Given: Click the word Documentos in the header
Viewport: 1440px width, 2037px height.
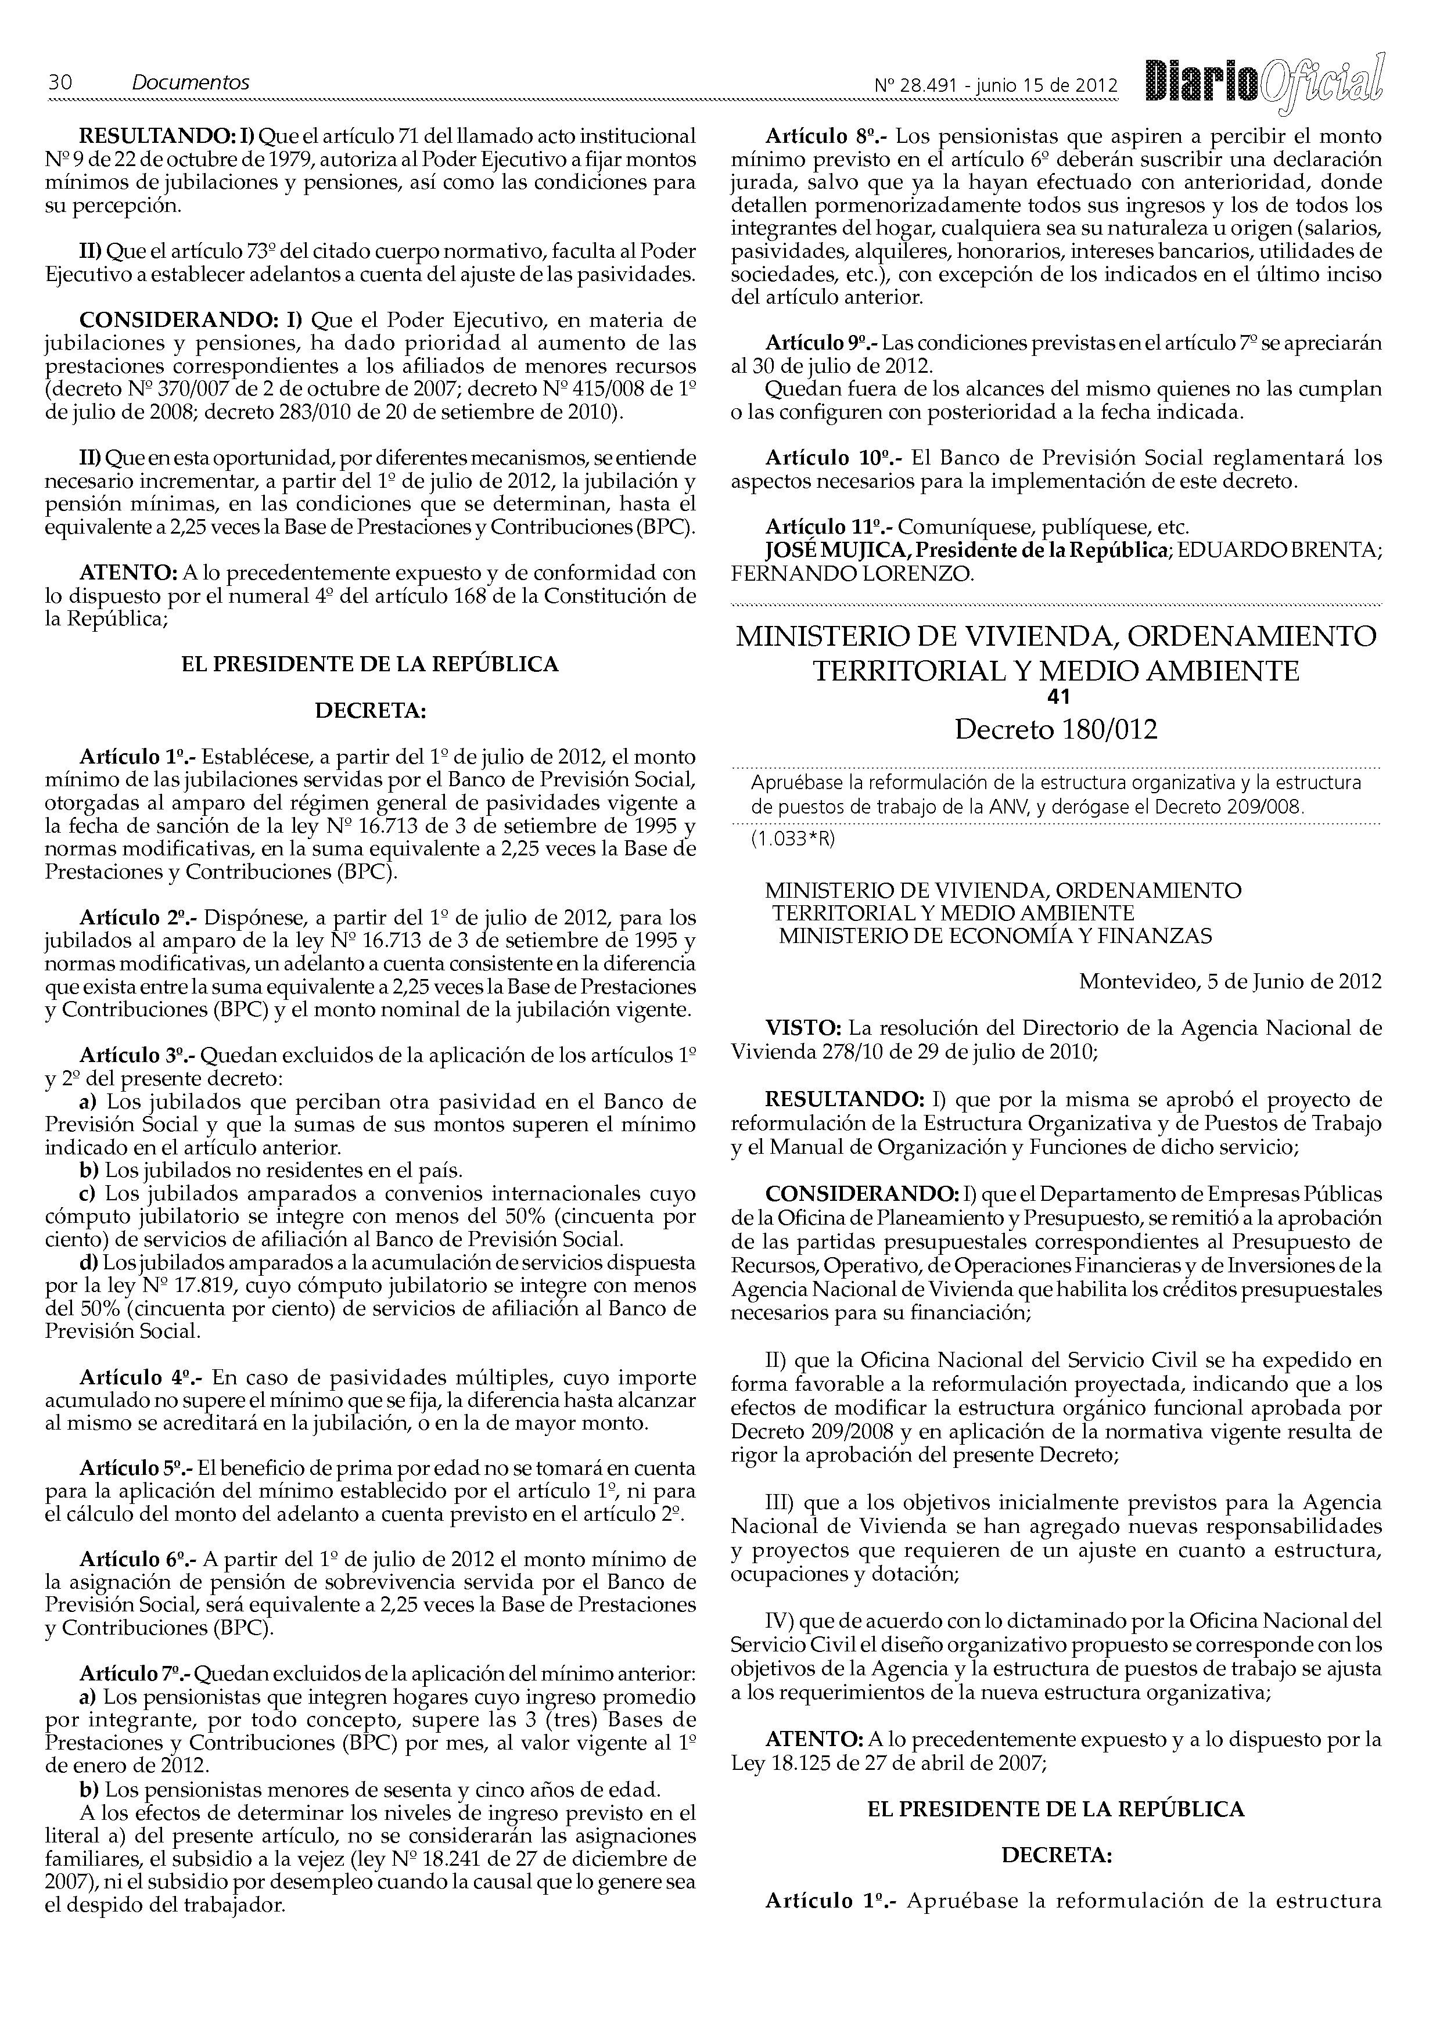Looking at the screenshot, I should point(191,82).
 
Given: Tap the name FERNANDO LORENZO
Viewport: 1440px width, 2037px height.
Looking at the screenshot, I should point(851,574).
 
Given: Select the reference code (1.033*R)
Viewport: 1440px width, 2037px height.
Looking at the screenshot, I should point(793,839).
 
